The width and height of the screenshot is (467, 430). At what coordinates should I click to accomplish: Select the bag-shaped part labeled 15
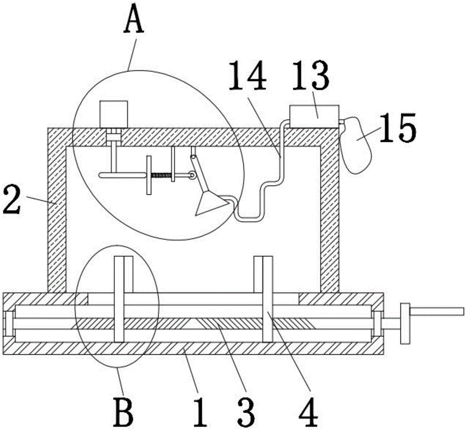click(x=357, y=144)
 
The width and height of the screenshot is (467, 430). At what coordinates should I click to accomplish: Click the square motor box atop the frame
click(x=113, y=113)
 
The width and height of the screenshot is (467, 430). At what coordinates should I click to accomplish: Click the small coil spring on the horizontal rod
click(x=160, y=176)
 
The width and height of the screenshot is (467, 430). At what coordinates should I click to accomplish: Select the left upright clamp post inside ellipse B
click(x=120, y=299)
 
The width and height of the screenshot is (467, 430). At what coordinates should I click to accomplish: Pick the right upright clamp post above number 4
click(x=267, y=299)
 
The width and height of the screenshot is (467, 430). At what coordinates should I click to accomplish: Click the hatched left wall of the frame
click(x=56, y=210)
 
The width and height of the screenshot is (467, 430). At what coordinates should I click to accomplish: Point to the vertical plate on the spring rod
click(x=149, y=176)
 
